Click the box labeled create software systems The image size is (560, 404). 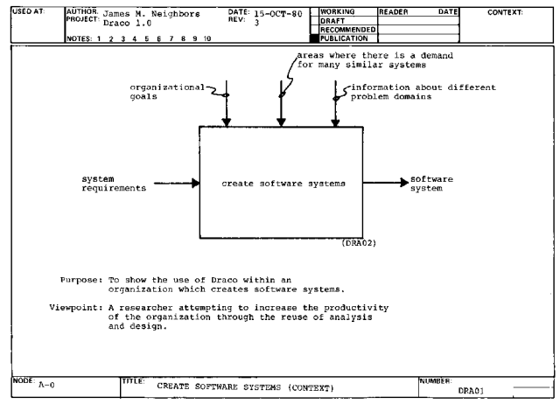pos(281,184)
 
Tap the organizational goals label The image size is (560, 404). pos(164,94)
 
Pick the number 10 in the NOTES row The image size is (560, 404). pos(206,39)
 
